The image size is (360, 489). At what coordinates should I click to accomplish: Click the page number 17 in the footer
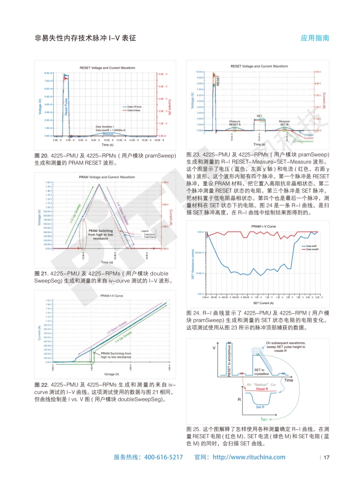click(326, 457)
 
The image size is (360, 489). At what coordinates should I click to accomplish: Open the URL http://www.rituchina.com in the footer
click(249, 457)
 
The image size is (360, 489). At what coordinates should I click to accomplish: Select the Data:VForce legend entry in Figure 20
click(134, 107)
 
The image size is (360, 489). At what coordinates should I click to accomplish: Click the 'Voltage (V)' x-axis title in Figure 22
click(111, 374)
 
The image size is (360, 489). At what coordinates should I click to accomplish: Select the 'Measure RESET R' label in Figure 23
click(235, 123)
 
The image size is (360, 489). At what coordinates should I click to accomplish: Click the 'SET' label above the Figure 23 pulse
click(260, 116)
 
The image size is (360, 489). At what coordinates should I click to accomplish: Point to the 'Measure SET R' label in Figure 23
click(285, 123)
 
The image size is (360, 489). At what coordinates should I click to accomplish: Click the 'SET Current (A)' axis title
click(263, 303)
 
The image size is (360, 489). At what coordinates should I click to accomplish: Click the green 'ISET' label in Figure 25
click(265, 420)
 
